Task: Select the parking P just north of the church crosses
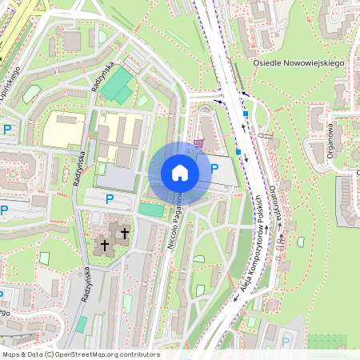pos(110,198)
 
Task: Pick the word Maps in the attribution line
pos(10,354)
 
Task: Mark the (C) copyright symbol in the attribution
pos(50,354)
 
